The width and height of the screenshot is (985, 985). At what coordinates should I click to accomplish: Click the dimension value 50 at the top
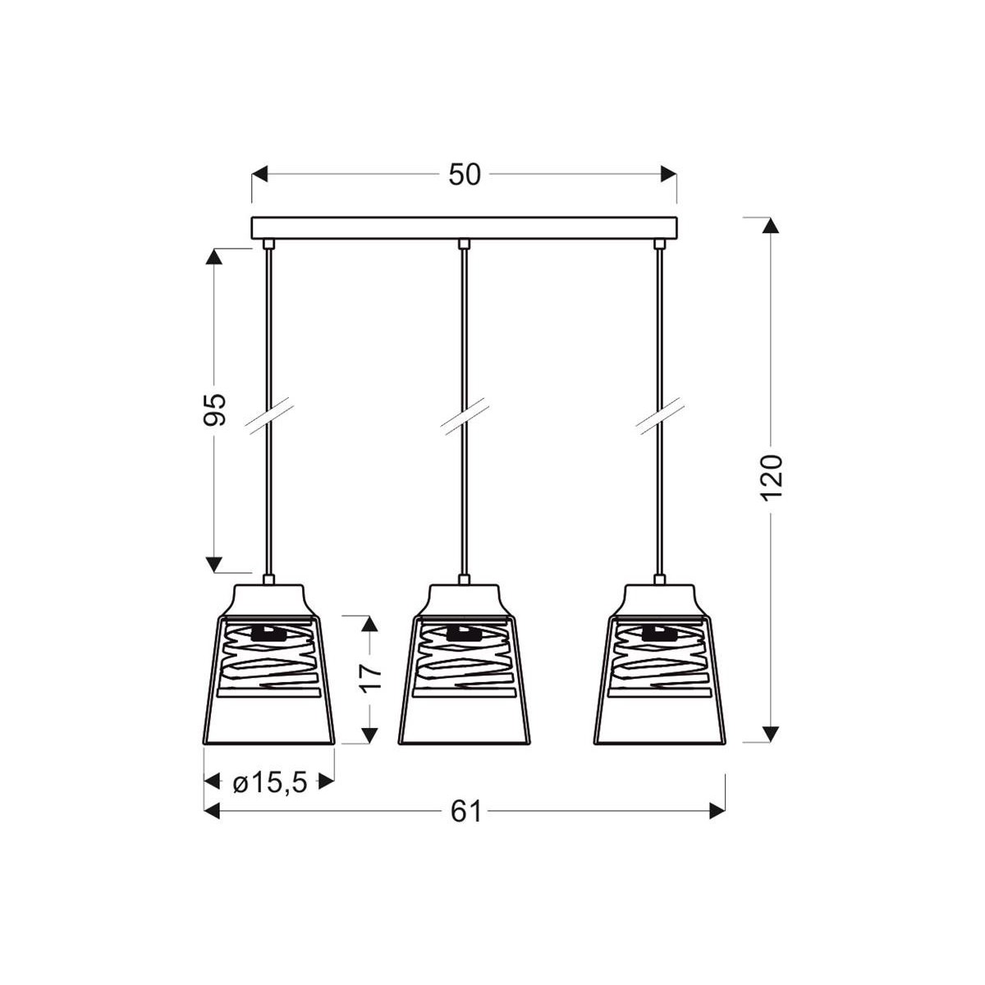click(464, 175)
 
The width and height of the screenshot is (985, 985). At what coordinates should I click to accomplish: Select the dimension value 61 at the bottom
click(465, 811)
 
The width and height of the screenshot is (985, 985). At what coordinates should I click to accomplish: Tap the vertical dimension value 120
click(773, 477)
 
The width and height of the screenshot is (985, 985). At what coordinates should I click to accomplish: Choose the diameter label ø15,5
click(269, 783)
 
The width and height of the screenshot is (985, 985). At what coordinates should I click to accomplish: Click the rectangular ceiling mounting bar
click(464, 227)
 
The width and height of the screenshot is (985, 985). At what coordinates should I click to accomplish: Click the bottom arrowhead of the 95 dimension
click(214, 564)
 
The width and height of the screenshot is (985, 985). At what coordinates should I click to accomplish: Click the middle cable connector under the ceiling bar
click(464, 244)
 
